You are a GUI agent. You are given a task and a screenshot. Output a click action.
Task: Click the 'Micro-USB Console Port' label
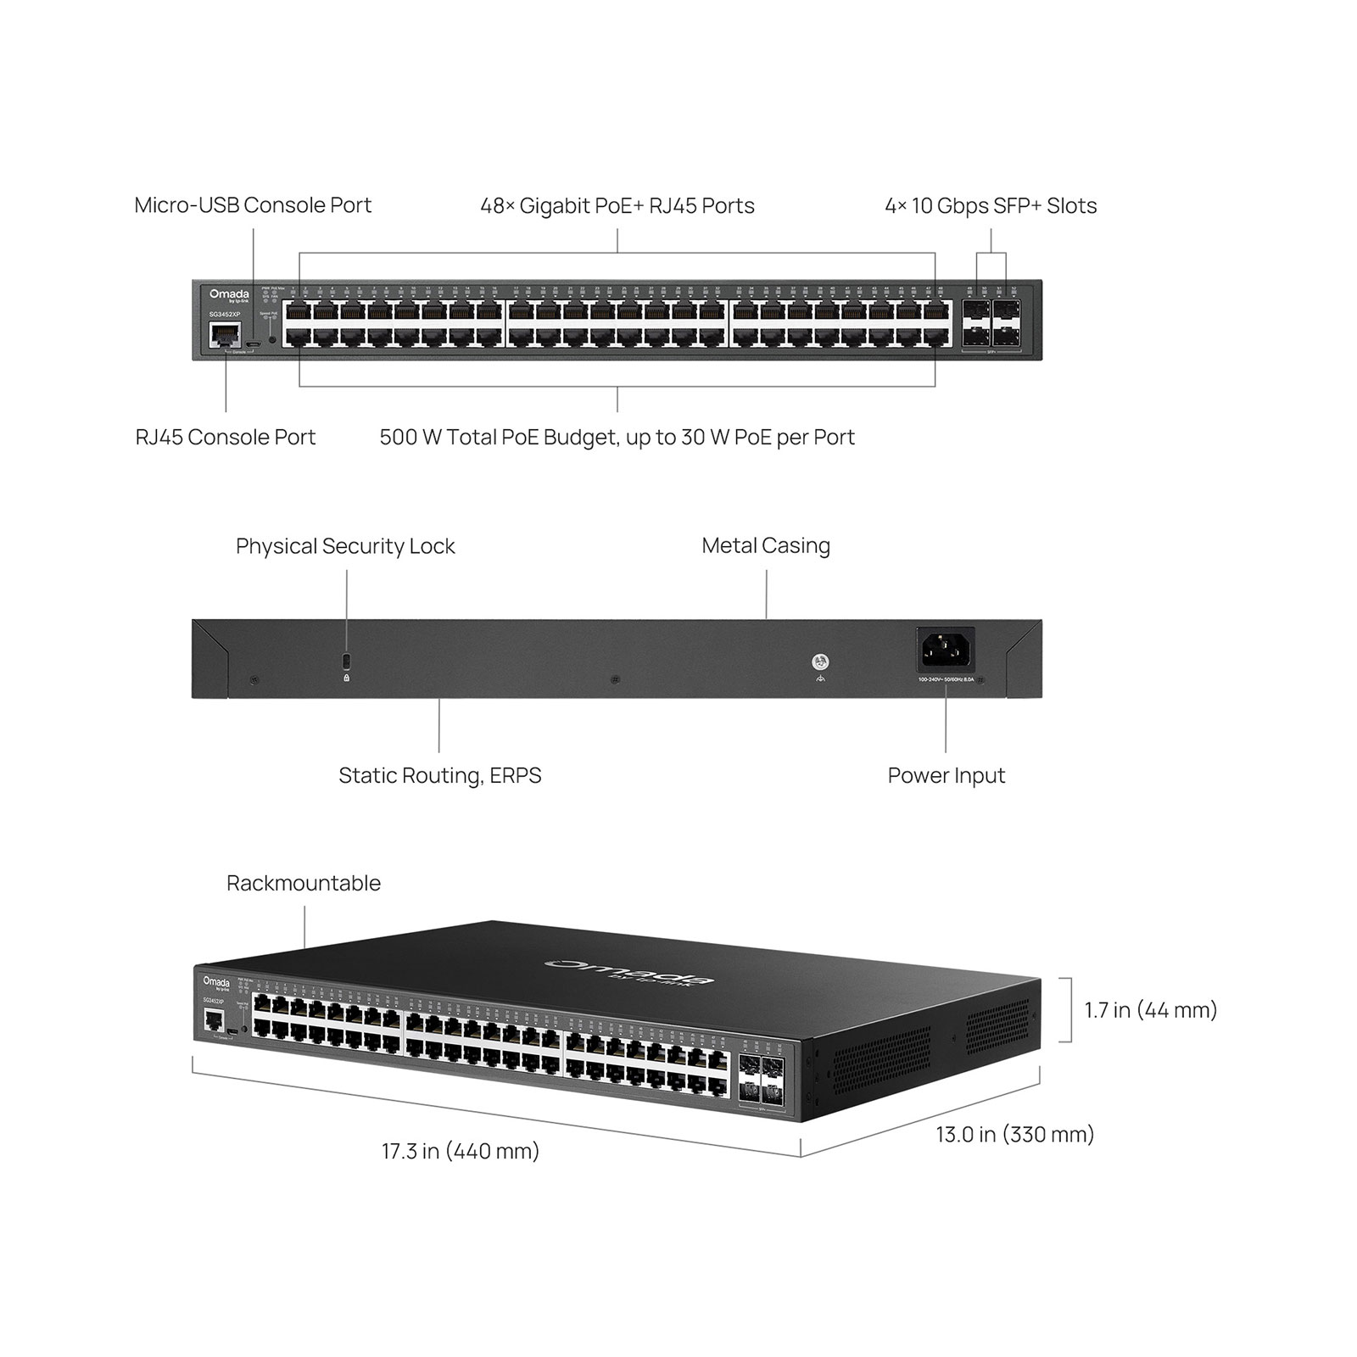pos(253,205)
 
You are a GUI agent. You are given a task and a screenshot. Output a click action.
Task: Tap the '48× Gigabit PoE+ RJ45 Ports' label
pos(617,206)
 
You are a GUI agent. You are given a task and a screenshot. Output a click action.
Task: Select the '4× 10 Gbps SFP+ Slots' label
pos(991,206)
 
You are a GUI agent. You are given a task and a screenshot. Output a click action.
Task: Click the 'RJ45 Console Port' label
pos(226,437)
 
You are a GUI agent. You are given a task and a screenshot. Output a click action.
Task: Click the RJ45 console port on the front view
pos(225,336)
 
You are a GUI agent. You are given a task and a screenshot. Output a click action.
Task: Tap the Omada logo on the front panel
pos(229,295)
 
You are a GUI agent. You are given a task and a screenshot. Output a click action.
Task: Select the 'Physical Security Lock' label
pos(345,546)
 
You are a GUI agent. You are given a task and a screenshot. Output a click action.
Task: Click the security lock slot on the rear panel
pos(346,660)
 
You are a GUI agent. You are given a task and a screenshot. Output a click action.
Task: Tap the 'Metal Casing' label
pos(766,545)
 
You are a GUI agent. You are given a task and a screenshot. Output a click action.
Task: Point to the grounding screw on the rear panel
pos(820,662)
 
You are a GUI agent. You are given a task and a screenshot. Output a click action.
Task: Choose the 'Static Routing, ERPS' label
pos(439,775)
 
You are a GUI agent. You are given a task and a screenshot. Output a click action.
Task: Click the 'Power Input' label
pos(946,775)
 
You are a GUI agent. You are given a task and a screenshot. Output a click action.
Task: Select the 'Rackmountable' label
pos(304,883)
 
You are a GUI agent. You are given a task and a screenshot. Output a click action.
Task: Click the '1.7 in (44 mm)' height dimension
pos(1150,1009)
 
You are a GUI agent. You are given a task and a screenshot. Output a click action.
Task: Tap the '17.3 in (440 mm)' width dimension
pos(460,1151)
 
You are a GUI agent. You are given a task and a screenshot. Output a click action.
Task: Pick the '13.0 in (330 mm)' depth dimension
pos(1014,1134)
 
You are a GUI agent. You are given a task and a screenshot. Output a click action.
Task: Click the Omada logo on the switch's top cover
pos(628,972)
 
